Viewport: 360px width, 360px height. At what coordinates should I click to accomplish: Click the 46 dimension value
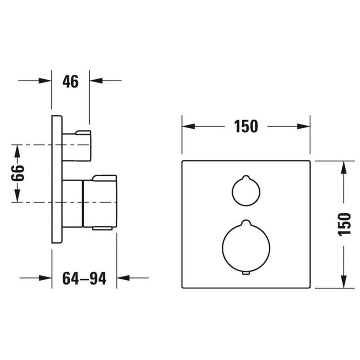[x=70, y=81]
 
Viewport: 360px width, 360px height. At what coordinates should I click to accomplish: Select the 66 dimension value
[x=17, y=173]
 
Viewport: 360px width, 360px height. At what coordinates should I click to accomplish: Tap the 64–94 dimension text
[x=84, y=279]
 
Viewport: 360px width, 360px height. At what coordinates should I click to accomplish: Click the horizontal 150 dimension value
[x=246, y=126]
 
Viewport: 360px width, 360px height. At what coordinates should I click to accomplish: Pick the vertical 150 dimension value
[x=345, y=224]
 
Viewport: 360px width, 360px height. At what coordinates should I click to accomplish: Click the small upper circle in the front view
[x=246, y=191]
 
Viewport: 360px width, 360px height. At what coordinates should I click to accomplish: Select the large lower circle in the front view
[x=246, y=247]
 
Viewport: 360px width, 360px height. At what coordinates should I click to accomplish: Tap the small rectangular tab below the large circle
[x=246, y=273]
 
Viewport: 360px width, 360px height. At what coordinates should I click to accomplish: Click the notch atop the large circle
[x=246, y=222]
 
